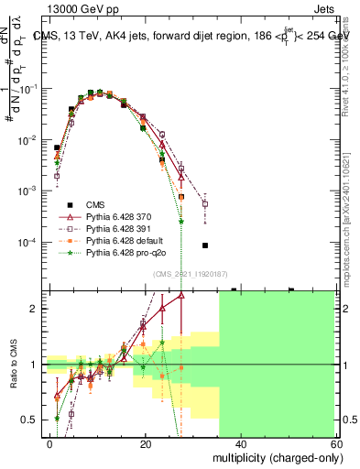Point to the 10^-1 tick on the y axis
[x=30, y=89]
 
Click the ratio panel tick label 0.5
[x=33, y=420]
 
